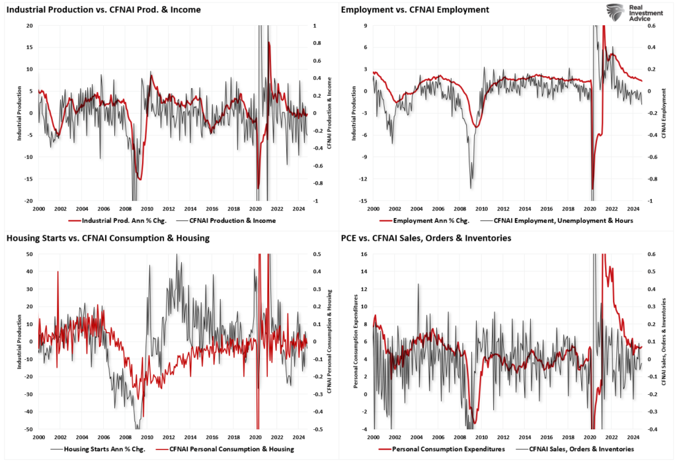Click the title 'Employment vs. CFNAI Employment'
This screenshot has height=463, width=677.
(x=415, y=10)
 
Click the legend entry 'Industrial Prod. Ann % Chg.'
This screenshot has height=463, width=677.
(x=120, y=220)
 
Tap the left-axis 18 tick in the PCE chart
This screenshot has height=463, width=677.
(x=366, y=254)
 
